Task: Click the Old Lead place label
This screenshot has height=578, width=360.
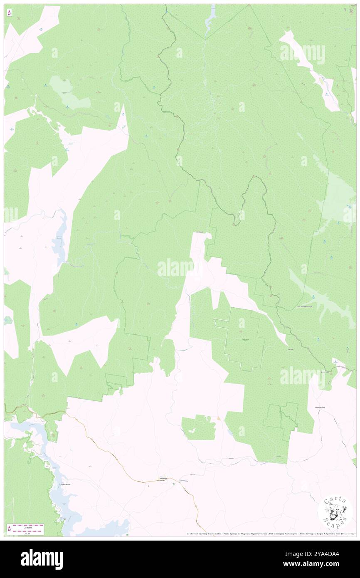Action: click(x=199, y=232)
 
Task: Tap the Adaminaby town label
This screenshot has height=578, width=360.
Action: click(x=163, y=479)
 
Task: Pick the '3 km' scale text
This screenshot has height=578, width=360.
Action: click(x=27, y=533)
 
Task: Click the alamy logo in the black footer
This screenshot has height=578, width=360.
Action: click(x=42, y=559)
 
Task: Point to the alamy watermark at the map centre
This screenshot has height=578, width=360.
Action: click(x=175, y=268)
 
